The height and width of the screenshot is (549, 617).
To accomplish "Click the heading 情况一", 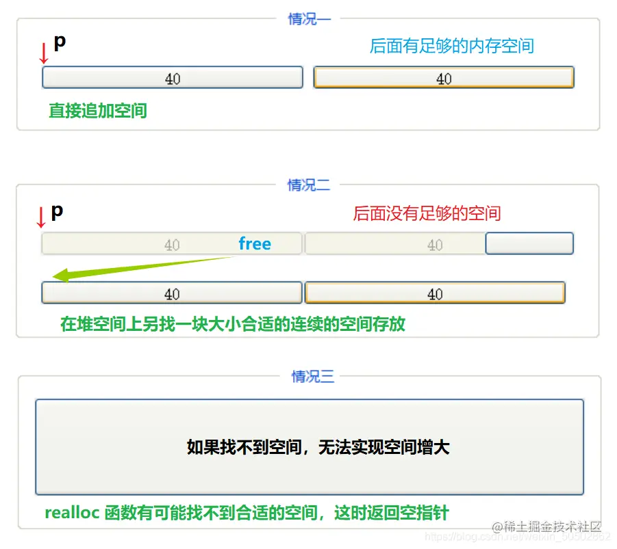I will [309, 19].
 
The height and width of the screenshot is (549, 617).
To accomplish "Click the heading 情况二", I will [309, 185].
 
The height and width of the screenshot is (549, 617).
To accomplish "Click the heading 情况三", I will [313, 377].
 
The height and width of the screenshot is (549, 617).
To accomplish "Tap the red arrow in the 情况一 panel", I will [44, 53].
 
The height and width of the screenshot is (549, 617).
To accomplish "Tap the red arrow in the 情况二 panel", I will [40, 217].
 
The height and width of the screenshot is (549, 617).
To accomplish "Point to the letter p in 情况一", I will [60, 42].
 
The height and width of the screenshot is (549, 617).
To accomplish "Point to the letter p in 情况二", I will [57, 211].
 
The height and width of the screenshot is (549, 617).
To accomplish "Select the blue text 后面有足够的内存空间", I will [451, 46].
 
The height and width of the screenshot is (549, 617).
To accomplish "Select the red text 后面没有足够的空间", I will [427, 213].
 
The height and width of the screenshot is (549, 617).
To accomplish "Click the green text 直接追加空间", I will [98, 111].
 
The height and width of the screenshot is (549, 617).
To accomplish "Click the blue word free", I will [255, 244].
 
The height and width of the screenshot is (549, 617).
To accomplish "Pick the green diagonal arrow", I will [144, 267].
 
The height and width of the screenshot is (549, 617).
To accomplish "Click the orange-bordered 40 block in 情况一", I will [444, 78].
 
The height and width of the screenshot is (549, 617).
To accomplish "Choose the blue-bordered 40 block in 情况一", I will [173, 78].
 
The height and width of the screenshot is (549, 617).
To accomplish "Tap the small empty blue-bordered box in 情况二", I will [529, 243].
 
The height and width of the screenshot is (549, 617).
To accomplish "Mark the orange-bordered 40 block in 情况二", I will [435, 293].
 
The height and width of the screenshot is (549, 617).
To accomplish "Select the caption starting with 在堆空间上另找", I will [233, 324].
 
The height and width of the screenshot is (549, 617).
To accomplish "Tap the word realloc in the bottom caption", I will [72, 513].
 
